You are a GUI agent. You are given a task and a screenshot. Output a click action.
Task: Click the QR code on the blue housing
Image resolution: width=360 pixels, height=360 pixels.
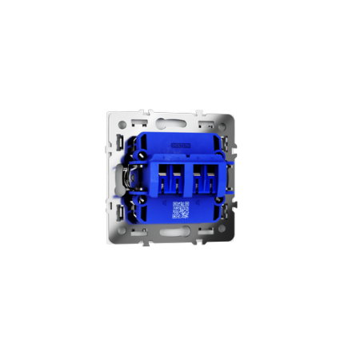pos(181,210)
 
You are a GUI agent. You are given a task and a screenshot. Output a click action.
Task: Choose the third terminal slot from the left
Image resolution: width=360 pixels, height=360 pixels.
pos(197,178)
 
